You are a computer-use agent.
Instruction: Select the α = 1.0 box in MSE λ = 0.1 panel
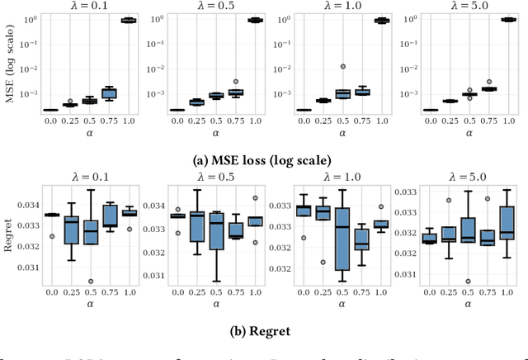(x=129, y=21)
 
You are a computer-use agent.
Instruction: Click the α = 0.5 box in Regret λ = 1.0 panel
(x=342, y=248)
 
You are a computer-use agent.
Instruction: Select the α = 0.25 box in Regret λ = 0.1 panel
(x=71, y=232)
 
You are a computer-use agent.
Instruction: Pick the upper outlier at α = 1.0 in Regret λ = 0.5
(x=255, y=198)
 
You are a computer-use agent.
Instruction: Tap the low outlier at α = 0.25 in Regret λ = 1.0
(x=323, y=263)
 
